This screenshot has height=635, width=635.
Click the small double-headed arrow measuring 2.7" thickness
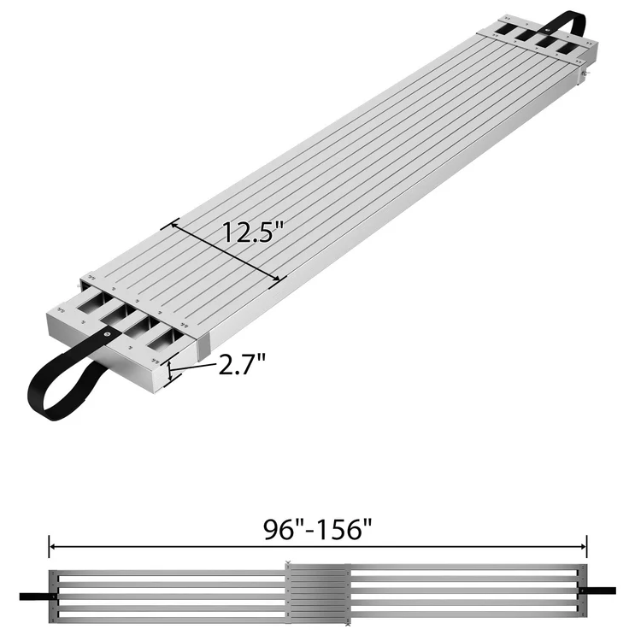[171, 370]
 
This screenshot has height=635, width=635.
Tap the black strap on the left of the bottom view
[36, 592]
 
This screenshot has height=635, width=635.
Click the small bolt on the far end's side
[584, 75]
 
